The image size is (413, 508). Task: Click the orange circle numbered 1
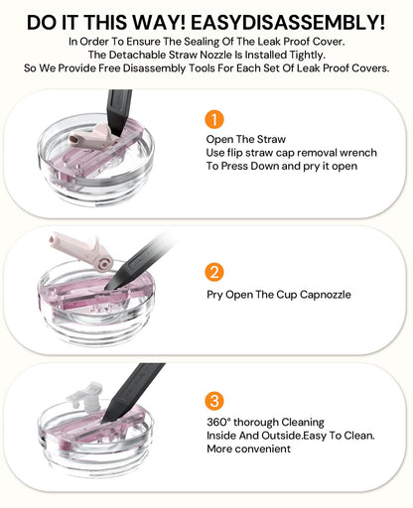(214, 119)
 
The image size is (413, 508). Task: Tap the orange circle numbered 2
(214, 272)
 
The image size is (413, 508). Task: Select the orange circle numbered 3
(214, 401)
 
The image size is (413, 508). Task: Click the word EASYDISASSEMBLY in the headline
(288, 23)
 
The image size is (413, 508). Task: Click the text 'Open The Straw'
(246, 139)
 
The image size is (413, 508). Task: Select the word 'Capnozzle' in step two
(326, 295)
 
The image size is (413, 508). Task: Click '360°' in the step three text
(218, 422)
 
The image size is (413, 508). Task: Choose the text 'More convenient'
(248, 448)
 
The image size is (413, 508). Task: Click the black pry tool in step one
(118, 112)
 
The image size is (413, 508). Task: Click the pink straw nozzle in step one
(90, 136)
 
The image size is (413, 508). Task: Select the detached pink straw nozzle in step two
(81, 250)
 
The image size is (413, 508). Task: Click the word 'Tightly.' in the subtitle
(308, 55)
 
